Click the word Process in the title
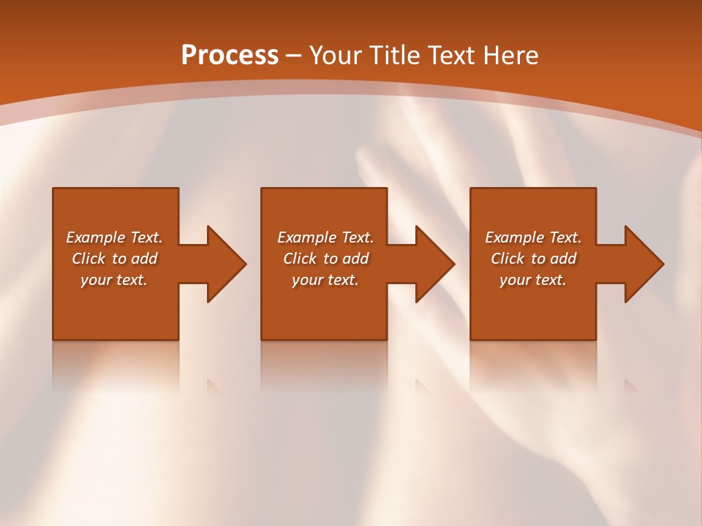pyautogui.click(x=230, y=56)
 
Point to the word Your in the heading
pyautogui.click(x=334, y=56)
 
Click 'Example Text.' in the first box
pyautogui.click(x=114, y=237)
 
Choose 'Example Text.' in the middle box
pyautogui.click(x=325, y=237)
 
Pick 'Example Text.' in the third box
pyautogui.click(x=533, y=237)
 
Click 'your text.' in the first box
pyautogui.click(x=114, y=280)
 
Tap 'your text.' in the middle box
pyautogui.click(x=325, y=280)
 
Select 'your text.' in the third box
pyautogui.click(x=533, y=280)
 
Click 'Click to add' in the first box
pyautogui.click(x=114, y=259)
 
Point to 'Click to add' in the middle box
pyautogui.click(x=325, y=259)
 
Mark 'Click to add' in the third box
pyautogui.click(x=533, y=259)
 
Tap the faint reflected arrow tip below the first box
pyautogui.click(x=213, y=385)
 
